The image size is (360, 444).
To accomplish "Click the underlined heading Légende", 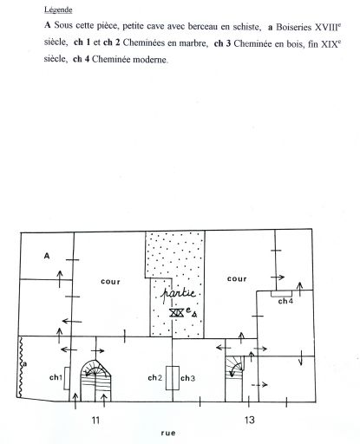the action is [x=58, y=10].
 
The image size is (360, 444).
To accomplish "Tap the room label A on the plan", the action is [x=47, y=256].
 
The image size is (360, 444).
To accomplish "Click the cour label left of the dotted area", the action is [x=110, y=282].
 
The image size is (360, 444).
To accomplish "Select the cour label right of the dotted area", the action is [x=237, y=278].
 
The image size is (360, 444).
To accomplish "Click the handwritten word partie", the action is [x=178, y=294].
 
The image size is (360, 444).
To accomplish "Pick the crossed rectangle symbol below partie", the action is [x=176, y=312].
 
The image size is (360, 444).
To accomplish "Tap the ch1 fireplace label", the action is [x=56, y=377].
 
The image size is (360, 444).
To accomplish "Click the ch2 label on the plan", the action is [x=154, y=377].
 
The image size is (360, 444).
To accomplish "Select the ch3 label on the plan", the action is [x=188, y=378].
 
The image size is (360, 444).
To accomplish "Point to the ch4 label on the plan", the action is [x=285, y=301].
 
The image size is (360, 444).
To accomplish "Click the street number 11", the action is [x=95, y=420].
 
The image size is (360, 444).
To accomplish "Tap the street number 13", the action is [x=249, y=420].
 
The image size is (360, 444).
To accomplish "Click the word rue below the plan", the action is [x=168, y=433].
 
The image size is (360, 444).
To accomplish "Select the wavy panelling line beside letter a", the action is [x=21, y=367].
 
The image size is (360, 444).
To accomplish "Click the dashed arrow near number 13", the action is [x=259, y=385].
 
